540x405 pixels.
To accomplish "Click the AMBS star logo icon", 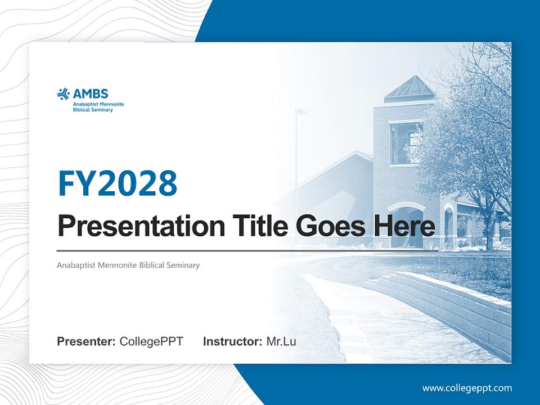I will [x=63, y=94].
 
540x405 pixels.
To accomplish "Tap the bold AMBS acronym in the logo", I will [x=90, y=94].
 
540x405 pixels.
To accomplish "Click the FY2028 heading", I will [x=118, y=183].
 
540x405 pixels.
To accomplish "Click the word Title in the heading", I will [x=252, y=226].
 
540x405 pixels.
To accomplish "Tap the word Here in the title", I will [x=403, y=226].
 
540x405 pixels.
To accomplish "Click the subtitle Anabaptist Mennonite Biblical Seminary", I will [x=128, y=265].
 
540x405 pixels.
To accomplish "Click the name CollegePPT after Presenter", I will [x=151, y=341].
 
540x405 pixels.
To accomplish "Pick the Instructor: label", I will [x=232, y=341].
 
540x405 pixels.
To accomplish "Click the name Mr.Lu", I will [x=281, y=341].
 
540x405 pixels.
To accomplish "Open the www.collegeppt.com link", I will [x=467, y=388].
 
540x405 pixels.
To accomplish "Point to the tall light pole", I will [x=297, y=169].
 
